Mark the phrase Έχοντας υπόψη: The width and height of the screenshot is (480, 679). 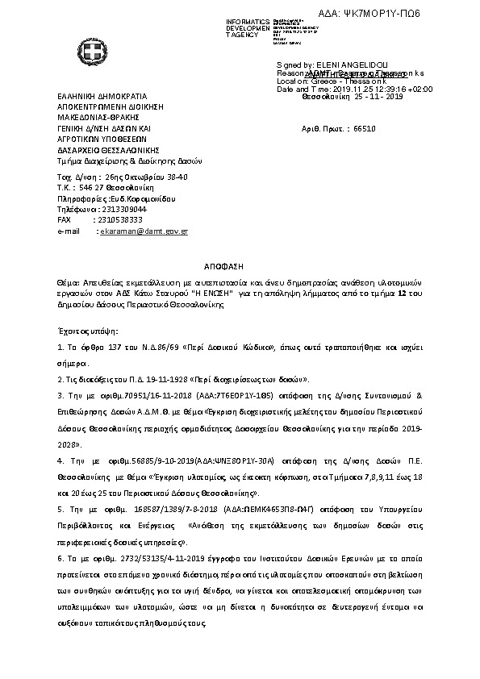click(x=88, y=331)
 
